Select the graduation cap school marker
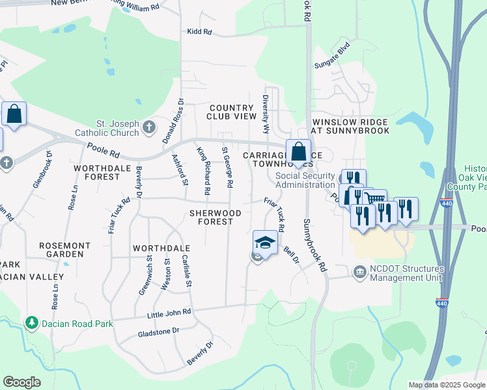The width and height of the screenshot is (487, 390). (265, 243)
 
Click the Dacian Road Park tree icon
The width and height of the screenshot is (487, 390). (31, 323)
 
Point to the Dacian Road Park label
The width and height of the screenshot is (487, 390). (76, 324)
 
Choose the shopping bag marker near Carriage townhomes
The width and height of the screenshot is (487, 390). (298, 152)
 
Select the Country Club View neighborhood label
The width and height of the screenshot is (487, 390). (231, 112)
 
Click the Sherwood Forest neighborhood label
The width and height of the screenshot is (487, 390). (216, 217)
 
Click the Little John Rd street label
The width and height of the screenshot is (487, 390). (169, 313)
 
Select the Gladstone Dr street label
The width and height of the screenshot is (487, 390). (158, 331)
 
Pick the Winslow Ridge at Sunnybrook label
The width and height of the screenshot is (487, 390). (352, 126)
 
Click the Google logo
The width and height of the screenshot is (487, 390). (21, 382)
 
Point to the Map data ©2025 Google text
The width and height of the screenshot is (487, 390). (447, 385)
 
